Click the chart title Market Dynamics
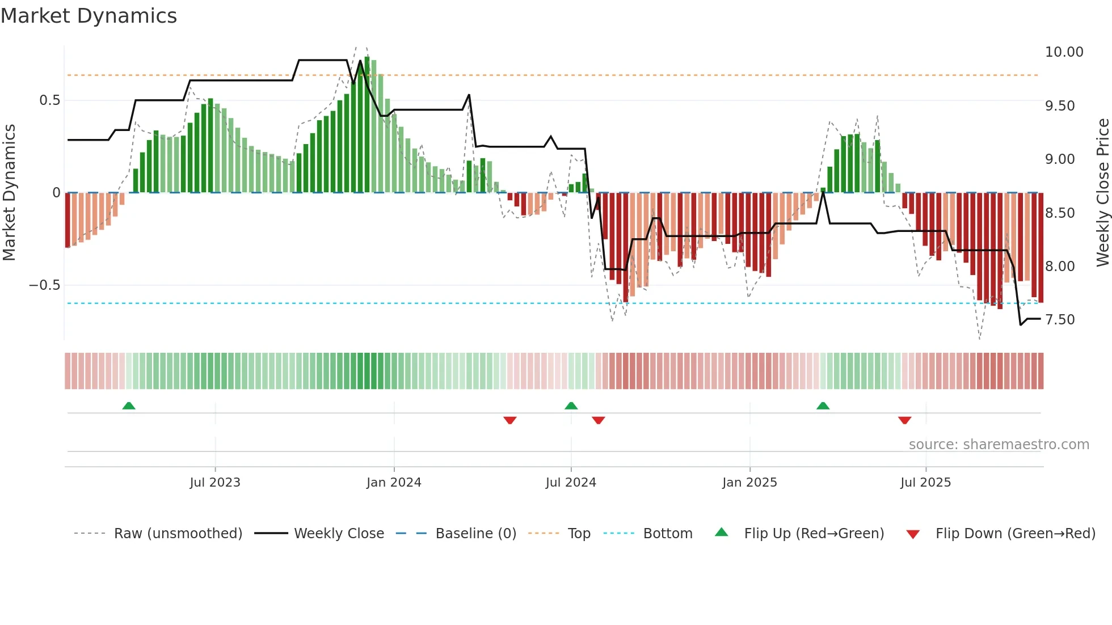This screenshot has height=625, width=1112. coord(89,16)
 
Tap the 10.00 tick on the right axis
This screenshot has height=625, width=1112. coord(1064,52)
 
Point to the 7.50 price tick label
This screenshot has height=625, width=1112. coord(1059,320)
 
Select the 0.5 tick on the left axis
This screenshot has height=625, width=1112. coord(49,100)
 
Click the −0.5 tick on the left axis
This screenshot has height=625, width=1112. coord(45,285)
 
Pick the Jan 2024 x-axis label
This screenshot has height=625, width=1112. coord(394,483)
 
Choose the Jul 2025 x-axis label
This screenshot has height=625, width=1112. coord(925,483)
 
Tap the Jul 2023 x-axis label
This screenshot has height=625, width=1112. coord(215,483)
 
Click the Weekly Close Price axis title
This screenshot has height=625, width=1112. coord(1102,192)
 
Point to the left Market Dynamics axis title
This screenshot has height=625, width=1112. coord(9,192)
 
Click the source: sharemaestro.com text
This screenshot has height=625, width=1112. coord(999,445)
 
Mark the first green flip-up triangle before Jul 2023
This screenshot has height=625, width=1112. coord(129,406)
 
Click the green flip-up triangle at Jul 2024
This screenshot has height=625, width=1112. coord(571,406)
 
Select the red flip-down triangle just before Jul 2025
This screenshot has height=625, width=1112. coord(904,420)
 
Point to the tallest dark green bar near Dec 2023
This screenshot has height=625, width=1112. coord(367,125)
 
